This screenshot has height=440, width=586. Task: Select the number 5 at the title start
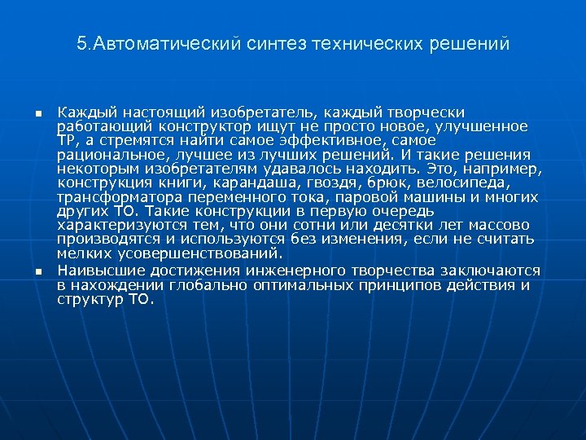[81, 43]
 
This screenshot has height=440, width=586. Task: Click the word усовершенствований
[184, 253]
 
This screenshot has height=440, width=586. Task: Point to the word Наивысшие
[100, 271]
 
